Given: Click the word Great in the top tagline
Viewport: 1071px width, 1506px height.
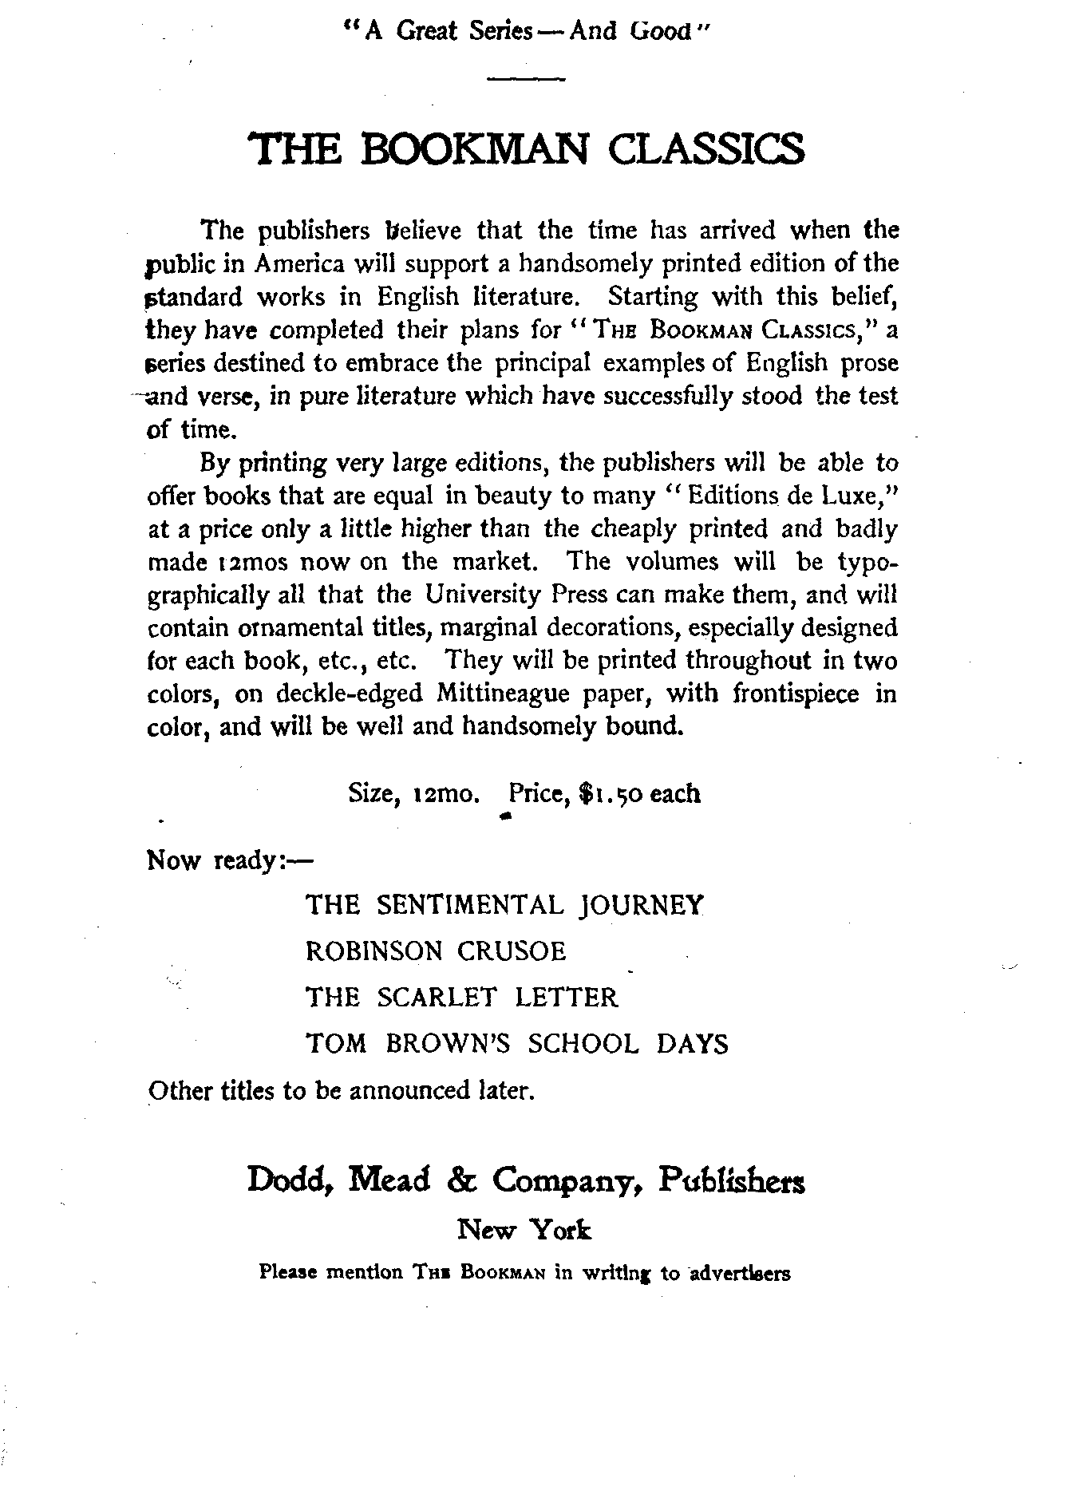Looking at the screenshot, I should point(426,32).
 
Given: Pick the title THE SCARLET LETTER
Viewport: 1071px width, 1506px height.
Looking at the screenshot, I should point(462,998).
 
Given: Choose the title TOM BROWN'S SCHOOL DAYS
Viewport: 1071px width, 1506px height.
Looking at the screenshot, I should point(517,1044).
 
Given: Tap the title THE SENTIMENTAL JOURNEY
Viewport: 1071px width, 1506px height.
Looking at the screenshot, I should point(505,905).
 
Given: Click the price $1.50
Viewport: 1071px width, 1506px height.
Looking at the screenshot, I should point(611,794).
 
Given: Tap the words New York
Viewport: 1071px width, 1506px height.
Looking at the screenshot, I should point(524,1231).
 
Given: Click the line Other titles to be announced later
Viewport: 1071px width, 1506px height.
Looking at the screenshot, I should point(341,1091).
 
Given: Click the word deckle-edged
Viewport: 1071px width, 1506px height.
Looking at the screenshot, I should point(349,694).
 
